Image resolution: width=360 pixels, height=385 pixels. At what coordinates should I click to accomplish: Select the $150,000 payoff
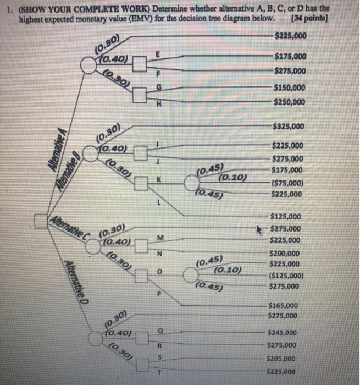290,87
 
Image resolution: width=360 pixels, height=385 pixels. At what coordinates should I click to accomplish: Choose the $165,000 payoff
283,305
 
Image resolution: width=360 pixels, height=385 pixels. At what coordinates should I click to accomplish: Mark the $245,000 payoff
282,333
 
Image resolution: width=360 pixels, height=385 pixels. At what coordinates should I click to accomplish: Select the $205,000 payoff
281,358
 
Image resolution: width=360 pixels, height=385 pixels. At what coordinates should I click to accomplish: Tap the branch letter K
159,180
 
